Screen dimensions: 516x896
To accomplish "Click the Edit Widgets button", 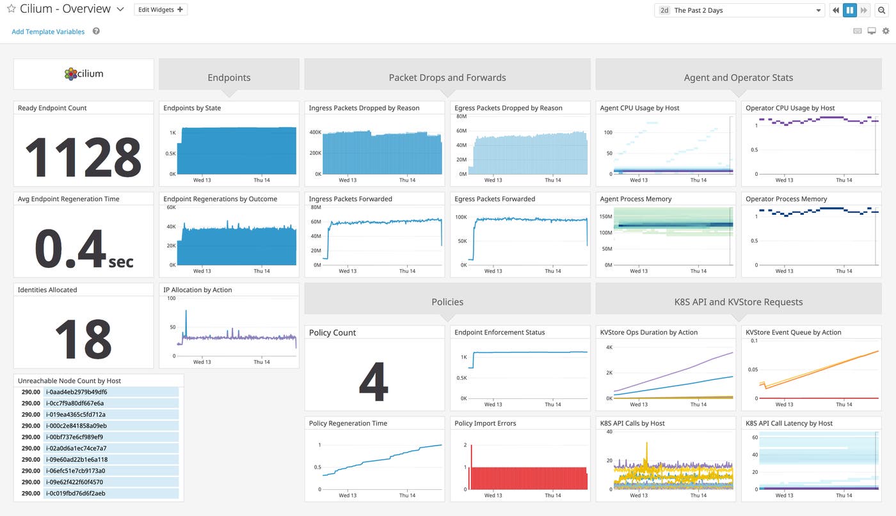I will [x=161, y=10].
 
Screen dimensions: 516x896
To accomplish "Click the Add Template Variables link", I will [x=48, y=31].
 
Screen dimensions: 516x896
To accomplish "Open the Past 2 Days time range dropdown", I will [x=740, y=10].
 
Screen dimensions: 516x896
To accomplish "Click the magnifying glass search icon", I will [x=881, y=10].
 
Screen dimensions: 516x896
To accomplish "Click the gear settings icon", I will [x=886, y=31].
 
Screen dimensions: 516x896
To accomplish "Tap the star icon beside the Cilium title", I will [x=11, y=10].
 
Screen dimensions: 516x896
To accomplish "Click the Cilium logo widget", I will [x=84, y=74].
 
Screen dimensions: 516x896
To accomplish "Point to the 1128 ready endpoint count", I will [x=83, y=155].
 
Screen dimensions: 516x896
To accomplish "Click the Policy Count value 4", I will [x=374, y=382].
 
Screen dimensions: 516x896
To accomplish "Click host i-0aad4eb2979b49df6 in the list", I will [x=76, y=392].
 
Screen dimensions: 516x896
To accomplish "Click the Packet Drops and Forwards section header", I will [x=447, y=77].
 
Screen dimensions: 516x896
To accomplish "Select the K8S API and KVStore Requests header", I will [x=738, y=302].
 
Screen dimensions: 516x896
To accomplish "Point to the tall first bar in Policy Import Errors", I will [x=471, y=460].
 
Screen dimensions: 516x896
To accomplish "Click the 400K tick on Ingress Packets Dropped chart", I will [x=315, y=132].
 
